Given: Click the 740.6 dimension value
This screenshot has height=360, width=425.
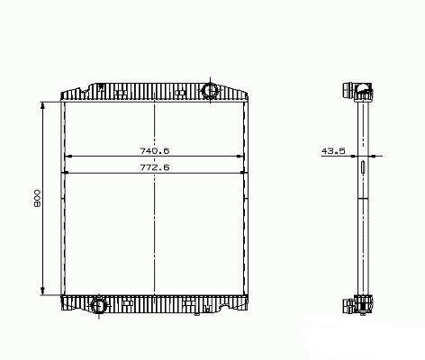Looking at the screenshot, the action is pyautogui.click(x=155, y=150).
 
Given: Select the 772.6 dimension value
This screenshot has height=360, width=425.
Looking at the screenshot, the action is pyautogui.click(x=155, y=167).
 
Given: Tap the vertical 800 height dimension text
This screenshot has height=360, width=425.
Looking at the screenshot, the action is pyautogui.click(x=37, y=198).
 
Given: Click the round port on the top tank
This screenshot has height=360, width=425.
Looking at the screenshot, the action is pyautogui.click(x=209, y=90).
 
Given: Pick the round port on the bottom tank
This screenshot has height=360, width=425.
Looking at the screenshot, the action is pyautogui.click(x=99, y=305).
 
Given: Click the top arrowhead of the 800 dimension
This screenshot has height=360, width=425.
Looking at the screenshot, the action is pyautogui.click(x=42, y=105).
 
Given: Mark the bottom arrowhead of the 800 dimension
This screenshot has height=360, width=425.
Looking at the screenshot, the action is pyautogui.click(x=42, y=291).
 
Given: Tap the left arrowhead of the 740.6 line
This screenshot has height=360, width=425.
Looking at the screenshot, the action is pyautogui.click(x=68, y=157).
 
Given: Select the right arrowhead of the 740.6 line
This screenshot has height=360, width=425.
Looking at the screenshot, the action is pyautogui.click(x=240, y=157).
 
